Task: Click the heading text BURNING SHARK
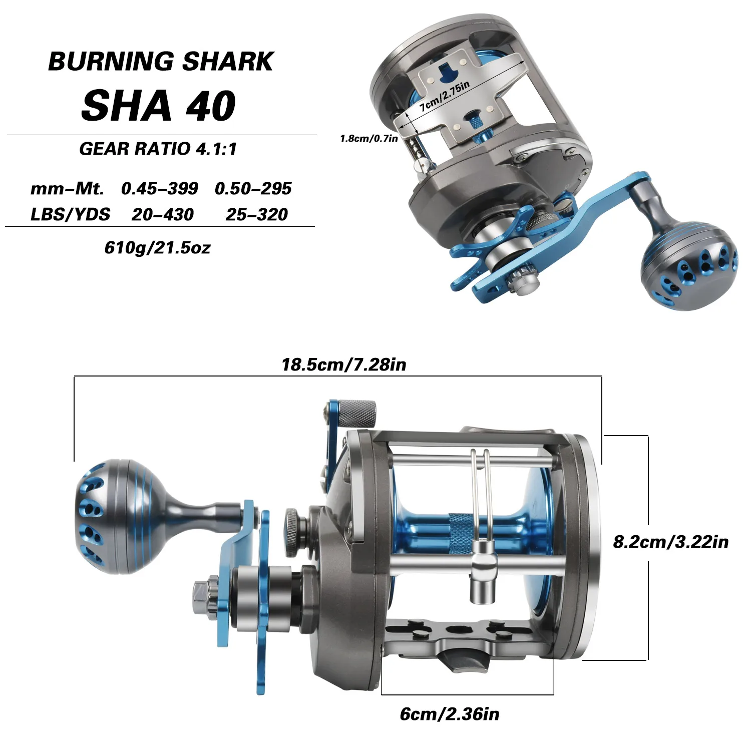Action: click(x=161, y=62)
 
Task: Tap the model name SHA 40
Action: click(x=158, y=106)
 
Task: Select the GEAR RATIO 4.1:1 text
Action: click(x=158, y=149)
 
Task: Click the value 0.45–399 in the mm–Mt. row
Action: click(x=160, y=189)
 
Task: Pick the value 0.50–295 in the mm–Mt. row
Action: click(x=253, y=189)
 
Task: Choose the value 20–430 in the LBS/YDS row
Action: click(x=163, y=215)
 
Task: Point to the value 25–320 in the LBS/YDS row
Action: click(x=257, y=215)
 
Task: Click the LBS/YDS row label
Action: click(x=70, y=215)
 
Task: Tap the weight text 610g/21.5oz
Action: click(x=158, y=248)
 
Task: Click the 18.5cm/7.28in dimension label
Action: click(x=344, y=364)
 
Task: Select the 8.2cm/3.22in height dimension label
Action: click(x=671, y=542)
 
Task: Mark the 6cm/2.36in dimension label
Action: click(x=450, y=714)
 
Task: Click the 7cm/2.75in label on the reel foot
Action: click(x=445, y=96)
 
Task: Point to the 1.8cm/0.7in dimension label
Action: click(x=369, y=139)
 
